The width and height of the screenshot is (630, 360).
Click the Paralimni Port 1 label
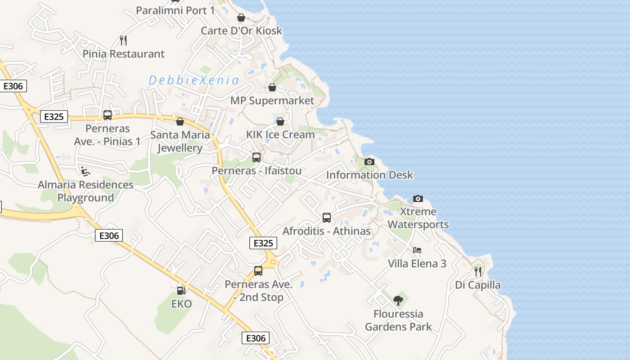175,10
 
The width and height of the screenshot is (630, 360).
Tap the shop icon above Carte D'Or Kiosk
241,18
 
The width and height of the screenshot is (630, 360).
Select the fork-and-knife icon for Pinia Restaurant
123,40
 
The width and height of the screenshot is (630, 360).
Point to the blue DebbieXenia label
194,81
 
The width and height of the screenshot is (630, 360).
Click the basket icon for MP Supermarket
272,87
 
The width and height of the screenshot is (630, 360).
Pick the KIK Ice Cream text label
280,135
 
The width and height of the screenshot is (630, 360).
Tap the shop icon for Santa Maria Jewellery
180,121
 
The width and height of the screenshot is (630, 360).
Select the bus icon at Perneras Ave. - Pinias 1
108,115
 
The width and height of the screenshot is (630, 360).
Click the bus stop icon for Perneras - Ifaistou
256,157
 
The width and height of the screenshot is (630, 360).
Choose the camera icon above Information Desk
369,162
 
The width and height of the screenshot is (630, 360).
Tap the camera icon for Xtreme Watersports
418,198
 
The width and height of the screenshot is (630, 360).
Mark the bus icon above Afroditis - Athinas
327,218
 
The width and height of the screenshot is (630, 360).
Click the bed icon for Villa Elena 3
417,250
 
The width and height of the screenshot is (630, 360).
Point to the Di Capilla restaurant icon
478,272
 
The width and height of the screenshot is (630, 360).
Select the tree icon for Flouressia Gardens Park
398,300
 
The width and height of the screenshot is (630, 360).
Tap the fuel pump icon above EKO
181,291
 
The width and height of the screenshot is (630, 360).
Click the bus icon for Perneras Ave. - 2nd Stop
258,271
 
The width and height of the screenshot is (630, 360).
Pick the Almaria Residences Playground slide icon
85,171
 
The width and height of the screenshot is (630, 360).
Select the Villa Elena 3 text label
417,264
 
